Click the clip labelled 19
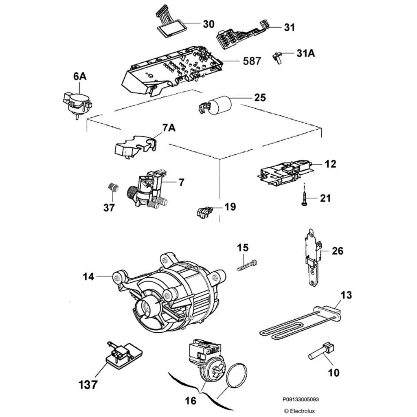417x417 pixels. pos(204,212)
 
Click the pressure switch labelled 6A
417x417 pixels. pos(77,102)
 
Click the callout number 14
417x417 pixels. pos(88,277)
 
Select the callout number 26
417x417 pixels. pos(338,251)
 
